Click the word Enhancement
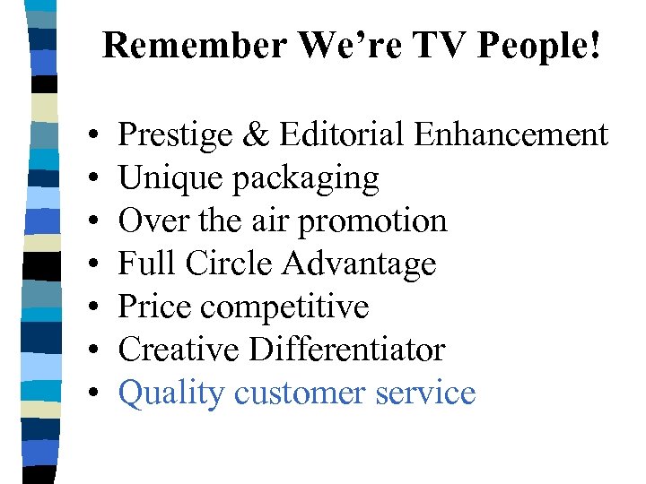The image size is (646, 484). pos(511,135)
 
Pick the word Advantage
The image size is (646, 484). pos(360,264)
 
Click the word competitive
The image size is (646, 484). pos(285,307)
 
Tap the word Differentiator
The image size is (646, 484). pos(347,350)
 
